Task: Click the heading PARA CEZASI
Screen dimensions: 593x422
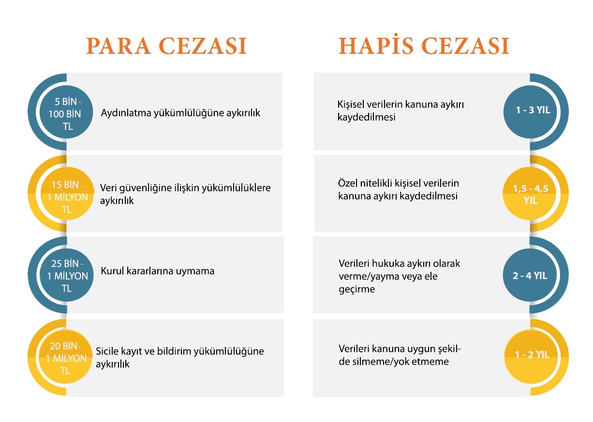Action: (166, 46)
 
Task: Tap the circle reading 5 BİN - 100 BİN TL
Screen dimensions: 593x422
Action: (66, 112)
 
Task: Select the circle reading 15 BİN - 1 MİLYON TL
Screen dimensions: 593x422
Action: (67, 194)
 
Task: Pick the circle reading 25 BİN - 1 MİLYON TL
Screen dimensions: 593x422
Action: (67, 275)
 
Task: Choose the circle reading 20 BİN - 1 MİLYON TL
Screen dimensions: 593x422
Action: (66, 357)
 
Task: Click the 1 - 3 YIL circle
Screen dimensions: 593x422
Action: (530, 112)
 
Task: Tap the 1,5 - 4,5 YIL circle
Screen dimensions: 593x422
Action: (530, 194)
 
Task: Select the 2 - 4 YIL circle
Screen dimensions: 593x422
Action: (530, 275)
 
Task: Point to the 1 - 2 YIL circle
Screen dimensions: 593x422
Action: (531, 357)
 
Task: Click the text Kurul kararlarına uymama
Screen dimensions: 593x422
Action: (158, 271)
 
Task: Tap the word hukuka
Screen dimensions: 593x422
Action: (388, 264)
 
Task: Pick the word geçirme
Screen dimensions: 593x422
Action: (356, 289)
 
